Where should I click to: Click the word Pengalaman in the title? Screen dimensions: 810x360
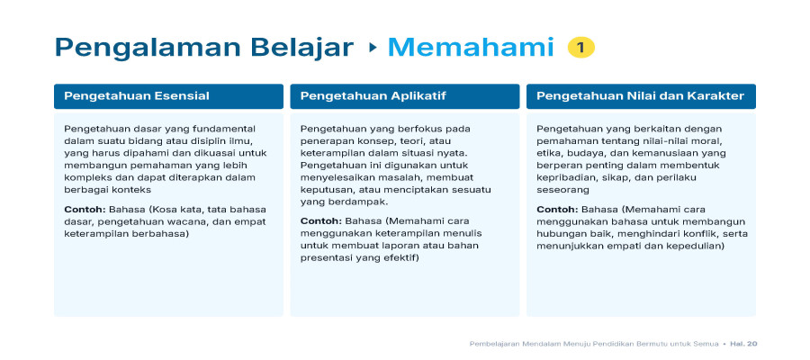(x=148, y=48)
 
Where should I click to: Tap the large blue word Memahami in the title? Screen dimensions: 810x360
(x=471, y=47)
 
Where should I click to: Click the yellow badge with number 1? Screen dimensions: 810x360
(x=581, y=48)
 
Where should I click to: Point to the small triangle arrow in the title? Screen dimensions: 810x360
(x=373, y=48)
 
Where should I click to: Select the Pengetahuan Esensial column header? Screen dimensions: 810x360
(x=168, y=96)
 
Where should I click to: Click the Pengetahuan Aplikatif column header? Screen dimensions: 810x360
(x=404, y=96)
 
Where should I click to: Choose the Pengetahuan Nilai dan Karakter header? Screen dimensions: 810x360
(x=641, y=96)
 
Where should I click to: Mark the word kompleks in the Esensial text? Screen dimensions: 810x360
(x=84, y=177)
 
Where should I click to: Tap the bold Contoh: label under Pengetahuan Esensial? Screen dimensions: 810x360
(x=85, y=210)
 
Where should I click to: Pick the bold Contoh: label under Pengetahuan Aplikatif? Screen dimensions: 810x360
(x=321, y=221)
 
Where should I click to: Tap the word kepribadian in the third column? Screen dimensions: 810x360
(x=562, y=178)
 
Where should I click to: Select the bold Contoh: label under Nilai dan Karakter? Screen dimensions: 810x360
(x=557, y=210)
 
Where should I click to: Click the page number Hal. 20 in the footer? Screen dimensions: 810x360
(x=743, y=344)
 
